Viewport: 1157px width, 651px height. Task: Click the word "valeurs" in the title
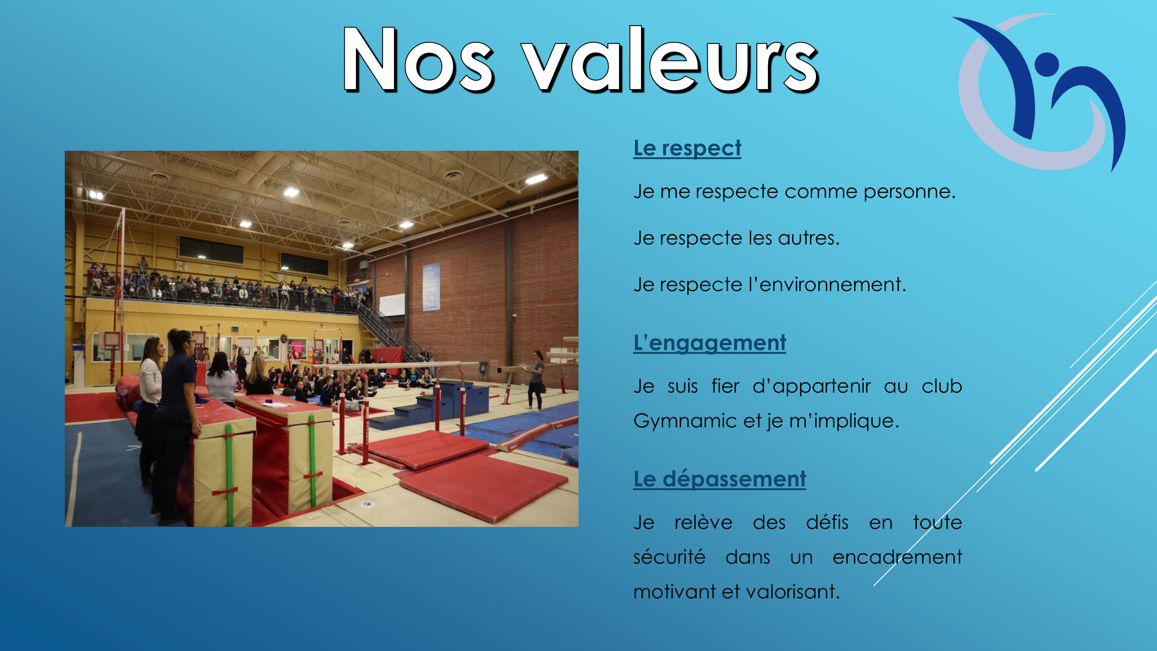point(671,60)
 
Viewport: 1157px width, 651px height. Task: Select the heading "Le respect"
point(687,148)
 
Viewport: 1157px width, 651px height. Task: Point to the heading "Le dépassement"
point(720,479)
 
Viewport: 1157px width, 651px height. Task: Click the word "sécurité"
point(669,557)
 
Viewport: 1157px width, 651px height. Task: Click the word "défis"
point(827,523)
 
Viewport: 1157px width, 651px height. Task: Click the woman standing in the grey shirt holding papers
point(535,380)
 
